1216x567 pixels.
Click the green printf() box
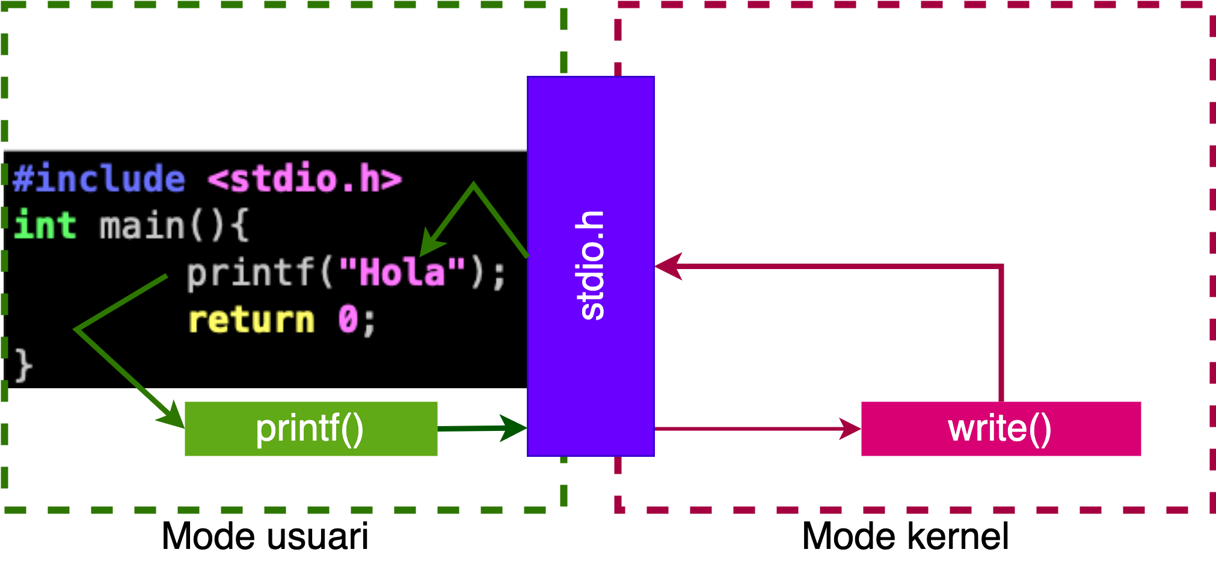click(x=311, y=429)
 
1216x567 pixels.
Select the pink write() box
click(x=1001, y=429)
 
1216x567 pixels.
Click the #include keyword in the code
click(x=99, y=179)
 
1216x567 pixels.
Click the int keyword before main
click(x=45, y=226)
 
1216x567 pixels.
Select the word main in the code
click(x=142, y=226)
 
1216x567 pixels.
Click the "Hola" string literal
click(x=402, y=272)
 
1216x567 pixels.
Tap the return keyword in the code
click(x=251, y=319)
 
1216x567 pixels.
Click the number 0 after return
click(x=348, y=319)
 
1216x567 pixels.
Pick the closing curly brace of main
click(x=23, y=365)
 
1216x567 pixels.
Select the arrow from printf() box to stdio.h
click(x=481, y=428)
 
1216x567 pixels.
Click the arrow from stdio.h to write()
click(x=752, y=429)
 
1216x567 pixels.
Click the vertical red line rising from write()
click(x=1001, y=337)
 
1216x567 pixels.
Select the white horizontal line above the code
click(x=265, y=149)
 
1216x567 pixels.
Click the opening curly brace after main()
click(x=239, y=226)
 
